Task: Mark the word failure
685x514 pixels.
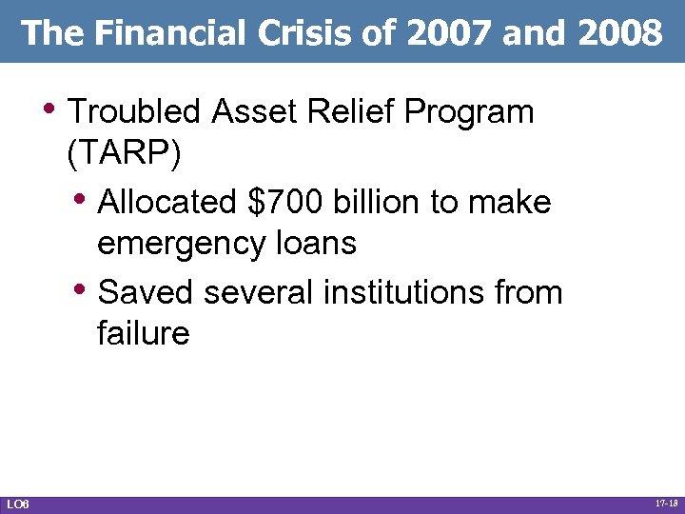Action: (x=143, y=333)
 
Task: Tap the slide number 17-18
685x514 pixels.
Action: (x=667, y=503)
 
